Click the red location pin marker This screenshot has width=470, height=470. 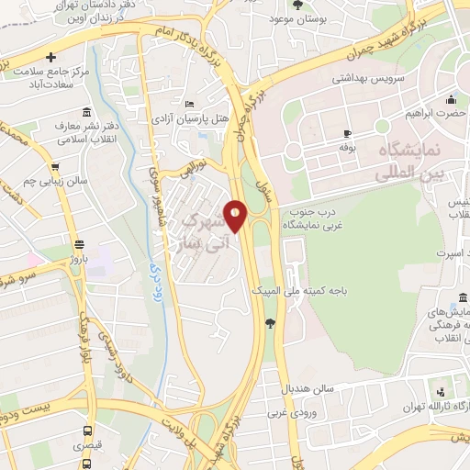pyautogui.click(x=236, y=216)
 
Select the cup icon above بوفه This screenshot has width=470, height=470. pyautogui.click(x=346, y=133)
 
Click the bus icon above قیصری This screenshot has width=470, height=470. pyautogui.click(x=87, y=431)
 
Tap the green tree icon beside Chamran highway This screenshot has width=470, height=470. pyautogui.click(x=269, y=322)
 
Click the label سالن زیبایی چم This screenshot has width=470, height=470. pyautogui.click(x=56, y=181)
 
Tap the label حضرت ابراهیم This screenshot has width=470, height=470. pyautogui.click(x=436, y=116)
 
